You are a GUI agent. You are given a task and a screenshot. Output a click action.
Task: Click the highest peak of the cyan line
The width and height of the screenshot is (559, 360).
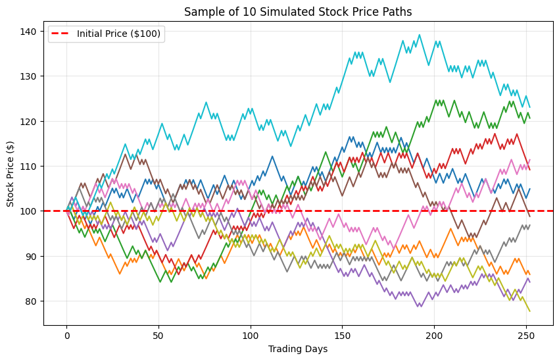tap(420, 35)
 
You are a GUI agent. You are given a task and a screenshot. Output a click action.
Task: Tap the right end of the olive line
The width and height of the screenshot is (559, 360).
tap(529, 311)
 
